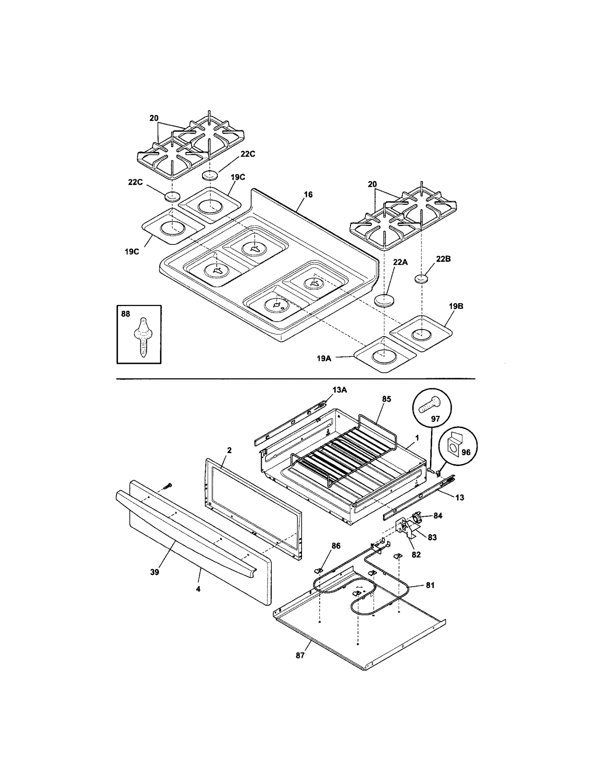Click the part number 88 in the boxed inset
point(125,314)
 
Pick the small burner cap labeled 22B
point(422,279)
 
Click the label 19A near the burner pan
point(324,358)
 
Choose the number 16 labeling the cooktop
point(308,194)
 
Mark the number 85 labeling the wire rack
point(386,399)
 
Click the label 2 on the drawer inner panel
point(229,450)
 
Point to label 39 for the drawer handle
point(155,572)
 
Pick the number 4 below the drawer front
point(198,589)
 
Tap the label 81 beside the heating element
point(430,585)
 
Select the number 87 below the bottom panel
point(300,656)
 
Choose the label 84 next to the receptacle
point(437,516)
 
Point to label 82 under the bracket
point(416,554)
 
